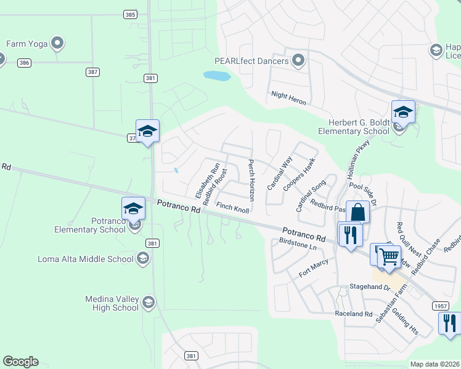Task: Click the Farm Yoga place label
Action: coord(27,44)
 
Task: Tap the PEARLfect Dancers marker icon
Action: coord(299,60)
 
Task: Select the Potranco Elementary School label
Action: coord(91,225)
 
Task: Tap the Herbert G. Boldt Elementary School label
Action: coord(354,127)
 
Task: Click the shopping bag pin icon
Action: coord(357,213)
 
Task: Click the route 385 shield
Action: coord(129,14)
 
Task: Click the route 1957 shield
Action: coord(439,306)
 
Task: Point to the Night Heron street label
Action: coord(288,98)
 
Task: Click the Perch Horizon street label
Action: coord(251,181)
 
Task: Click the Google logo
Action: coord(20,362)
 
